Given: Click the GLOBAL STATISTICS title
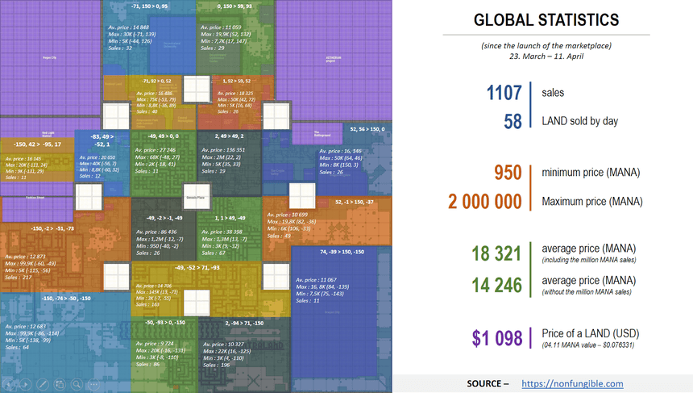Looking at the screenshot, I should pos(546,19).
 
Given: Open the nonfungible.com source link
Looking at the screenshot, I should pos(572,383).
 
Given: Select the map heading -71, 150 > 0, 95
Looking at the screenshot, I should pos(151,6).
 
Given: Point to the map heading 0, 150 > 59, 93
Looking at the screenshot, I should pos(234,6).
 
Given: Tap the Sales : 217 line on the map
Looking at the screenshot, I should pos(20,278).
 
